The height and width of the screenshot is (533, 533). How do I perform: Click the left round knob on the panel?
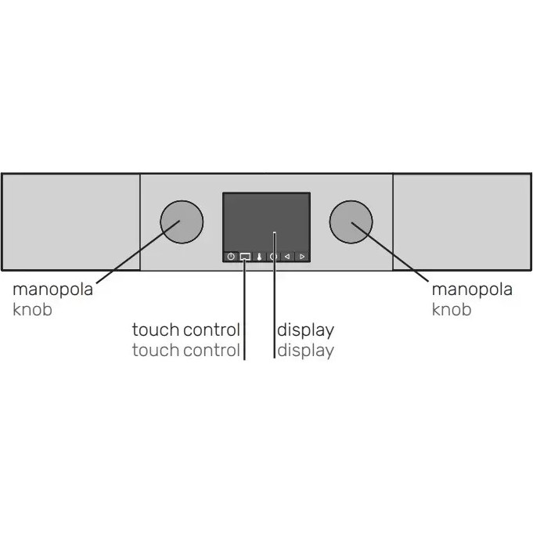(182, 222)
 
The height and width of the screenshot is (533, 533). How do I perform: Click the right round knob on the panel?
(351, 222)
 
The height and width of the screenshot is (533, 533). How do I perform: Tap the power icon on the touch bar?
(231, 256)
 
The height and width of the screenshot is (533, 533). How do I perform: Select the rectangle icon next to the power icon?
(245, 256)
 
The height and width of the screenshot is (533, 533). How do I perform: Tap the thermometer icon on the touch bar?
(259, 257)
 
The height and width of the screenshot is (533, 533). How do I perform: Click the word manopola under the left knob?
(52, 290)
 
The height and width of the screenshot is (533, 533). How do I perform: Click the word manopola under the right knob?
(472, 290)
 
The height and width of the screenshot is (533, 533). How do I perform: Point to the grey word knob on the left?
(32, 309)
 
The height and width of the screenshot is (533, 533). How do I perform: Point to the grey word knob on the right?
(452, 309)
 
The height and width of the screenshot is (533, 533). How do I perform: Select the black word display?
(305, 330)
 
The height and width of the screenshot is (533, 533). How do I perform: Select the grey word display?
(305, 351)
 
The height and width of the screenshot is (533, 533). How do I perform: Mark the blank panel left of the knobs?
(71, 222)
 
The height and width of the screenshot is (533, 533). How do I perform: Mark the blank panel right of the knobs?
(462, 222)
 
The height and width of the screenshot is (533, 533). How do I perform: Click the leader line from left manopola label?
(138, 251)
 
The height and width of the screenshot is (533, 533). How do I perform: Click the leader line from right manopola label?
(390, 252)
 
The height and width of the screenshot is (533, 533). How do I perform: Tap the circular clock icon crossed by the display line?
(273, 257)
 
